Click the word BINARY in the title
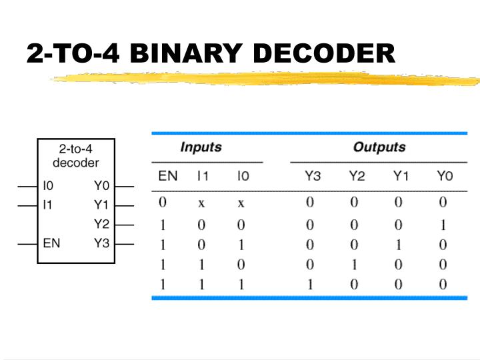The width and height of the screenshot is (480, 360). tap(179, 53)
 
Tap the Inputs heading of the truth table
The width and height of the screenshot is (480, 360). tap(201, 147)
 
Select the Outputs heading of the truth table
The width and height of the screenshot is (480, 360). tap(379, 147)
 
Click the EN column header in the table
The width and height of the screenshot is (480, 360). tap(167, 177)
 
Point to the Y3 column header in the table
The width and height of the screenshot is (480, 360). tap(313, 177)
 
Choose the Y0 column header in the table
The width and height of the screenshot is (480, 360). tap(444, 177)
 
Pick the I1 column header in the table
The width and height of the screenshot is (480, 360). tap(203, 177)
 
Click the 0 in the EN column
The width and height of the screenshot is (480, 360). tap(163, 202)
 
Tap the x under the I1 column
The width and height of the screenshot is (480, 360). tap(201, 202)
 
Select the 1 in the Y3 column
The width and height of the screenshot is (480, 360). tap(310, 285)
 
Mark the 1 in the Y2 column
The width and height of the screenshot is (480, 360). tap(355, 265)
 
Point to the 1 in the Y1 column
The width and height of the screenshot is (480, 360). tap(399, 245)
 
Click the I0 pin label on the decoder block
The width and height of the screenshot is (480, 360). tap(48, 186)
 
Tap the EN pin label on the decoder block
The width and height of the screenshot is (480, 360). tap(51, 243)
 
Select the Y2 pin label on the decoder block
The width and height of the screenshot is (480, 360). tap(101, 224)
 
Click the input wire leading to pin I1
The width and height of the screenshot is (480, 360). tap(27, 205)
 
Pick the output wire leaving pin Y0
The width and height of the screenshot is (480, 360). tap(125, 186)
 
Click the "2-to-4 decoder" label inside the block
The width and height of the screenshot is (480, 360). tap(75, 156)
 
